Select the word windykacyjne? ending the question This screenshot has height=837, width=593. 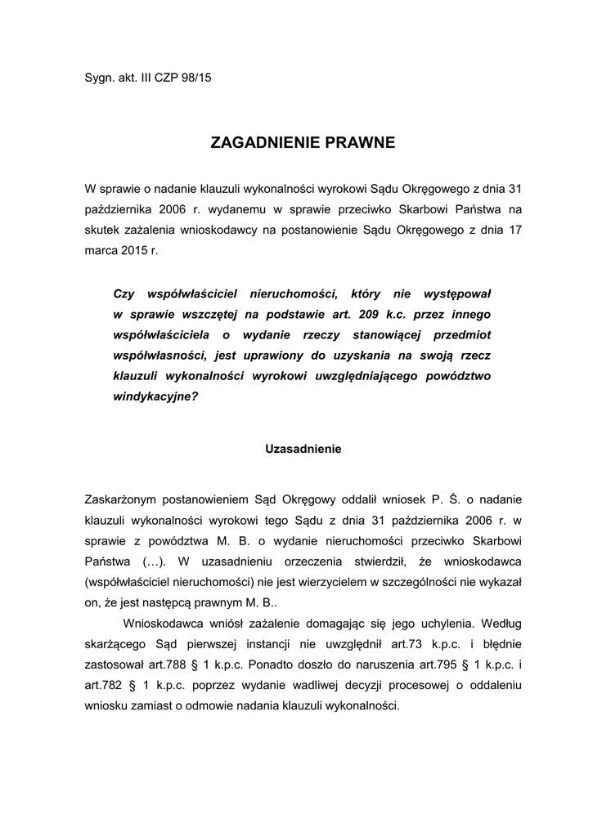click(155, 397)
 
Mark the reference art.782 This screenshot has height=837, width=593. click(101, 684)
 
